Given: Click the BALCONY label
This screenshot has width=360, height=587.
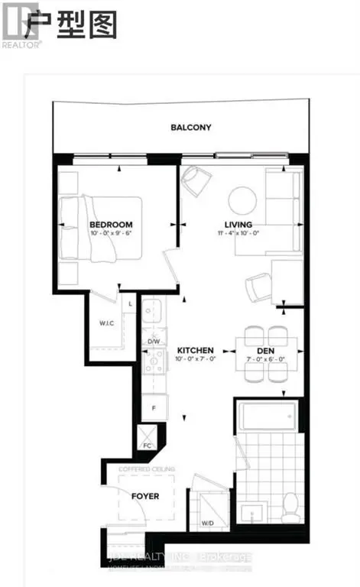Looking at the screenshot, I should tap(190, 128).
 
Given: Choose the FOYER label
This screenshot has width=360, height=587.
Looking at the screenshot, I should tap(145, 496).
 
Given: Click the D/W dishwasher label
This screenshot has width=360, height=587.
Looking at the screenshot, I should tap(154, 341).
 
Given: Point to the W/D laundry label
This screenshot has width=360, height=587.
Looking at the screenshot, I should tap(207, 524).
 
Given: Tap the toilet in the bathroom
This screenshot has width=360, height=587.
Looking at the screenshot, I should tap(290, 507).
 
